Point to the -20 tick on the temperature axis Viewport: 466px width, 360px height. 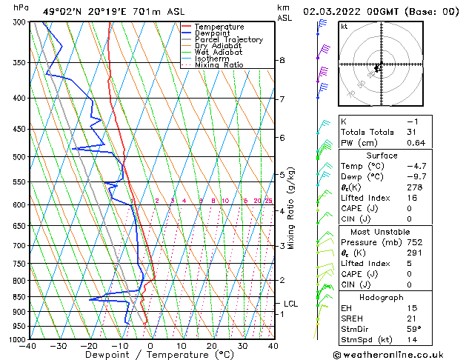tap(89, 345)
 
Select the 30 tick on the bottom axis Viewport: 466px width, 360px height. tap(242, 345)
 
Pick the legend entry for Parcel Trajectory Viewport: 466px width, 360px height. tap(228, 40)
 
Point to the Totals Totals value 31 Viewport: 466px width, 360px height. tap(412, 133)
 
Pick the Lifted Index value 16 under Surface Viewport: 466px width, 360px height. tap(412, 198)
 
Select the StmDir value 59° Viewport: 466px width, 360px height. tap(413, 329)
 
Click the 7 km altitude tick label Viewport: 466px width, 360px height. tap(282, 99)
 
